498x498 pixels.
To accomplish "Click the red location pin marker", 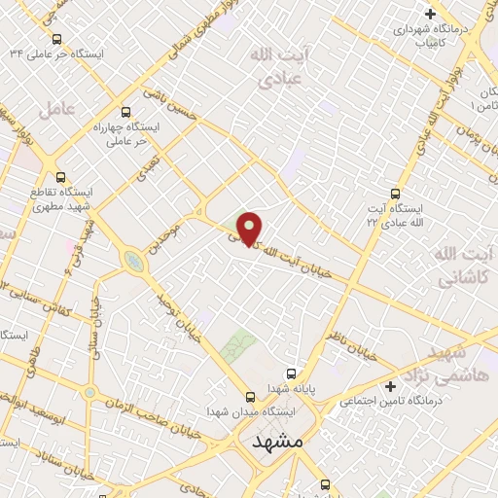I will click(x=250, y=229).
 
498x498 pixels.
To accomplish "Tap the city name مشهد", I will click(x=278, y=443).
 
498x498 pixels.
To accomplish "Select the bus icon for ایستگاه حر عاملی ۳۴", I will click(x=56, y=40).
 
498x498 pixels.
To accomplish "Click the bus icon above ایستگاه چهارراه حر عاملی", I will click(x=124, y=111).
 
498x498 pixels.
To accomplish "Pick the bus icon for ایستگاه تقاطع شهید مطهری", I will click(x=61, y=178).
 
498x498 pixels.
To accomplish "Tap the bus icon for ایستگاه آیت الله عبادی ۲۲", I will click(x=394, y=194).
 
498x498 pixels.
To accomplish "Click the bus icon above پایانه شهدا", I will click(x=290, y=373).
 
